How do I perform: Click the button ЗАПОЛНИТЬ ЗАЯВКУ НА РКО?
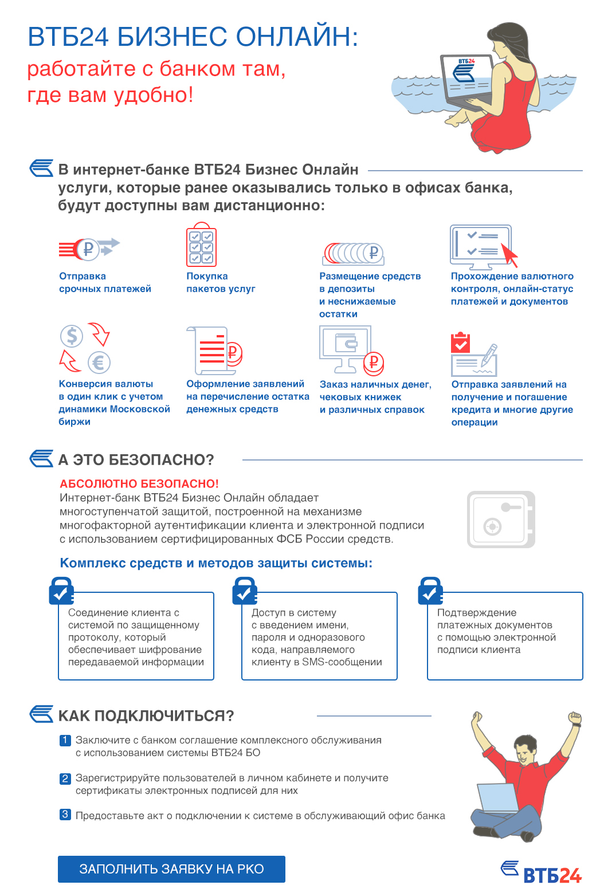click(171, 869)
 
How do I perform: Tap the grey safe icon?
click(501, 519)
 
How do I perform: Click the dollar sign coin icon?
click(72, 335)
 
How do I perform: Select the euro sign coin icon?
click(99, 363)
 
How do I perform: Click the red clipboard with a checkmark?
click(460, 342)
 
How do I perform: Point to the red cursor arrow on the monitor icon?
click(509, 255)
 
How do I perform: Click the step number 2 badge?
click(65, 778)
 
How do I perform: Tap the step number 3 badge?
click(65, 815)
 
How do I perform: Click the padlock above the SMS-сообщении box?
click(245, 591)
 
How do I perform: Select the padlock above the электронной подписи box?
click(430, 591)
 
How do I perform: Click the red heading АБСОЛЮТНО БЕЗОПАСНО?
click(139, 483)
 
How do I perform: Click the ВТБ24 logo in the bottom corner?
click(541, 872)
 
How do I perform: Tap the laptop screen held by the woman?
click(468, 78)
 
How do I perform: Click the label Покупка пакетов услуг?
click(221, 282)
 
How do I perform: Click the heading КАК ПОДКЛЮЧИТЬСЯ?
click(146, 716)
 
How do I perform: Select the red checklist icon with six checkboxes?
click(202, 245)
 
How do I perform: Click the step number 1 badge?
click(65, 740)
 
